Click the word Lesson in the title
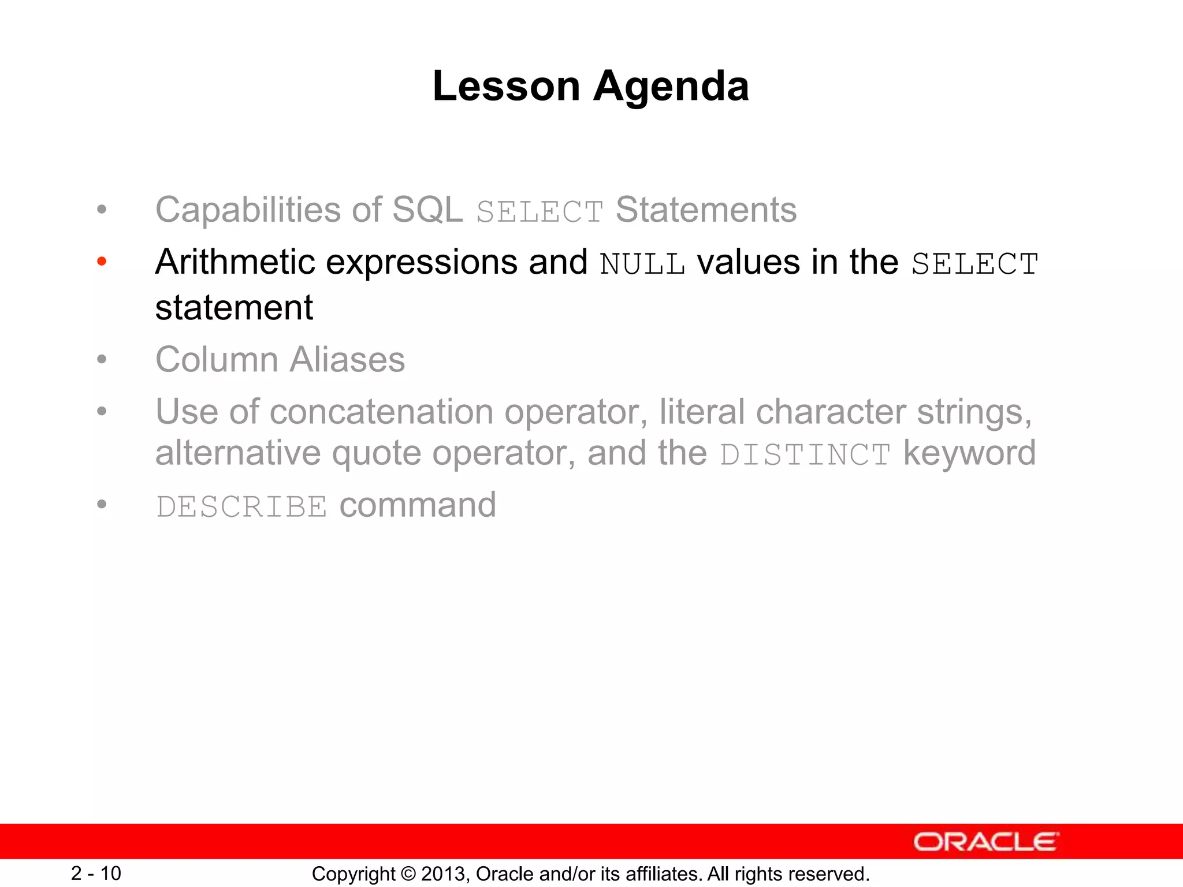[x=506, y=87]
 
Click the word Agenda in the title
[x=671, y=87]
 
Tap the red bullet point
[x=102, y=262]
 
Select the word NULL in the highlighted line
[x=642, y=264]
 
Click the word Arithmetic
[x=235, y=262]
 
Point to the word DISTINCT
[x=805, y=455]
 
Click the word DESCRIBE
[x=241, y=507]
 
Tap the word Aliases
[x=347, y=360]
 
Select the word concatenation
[x=381, y=412]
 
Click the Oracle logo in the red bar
[x=985, y=842]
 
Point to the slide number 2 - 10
[x=96, y=873]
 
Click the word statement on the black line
[x=234, y=308]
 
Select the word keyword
[x=969, y=453]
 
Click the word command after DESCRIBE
[x=418, y=505]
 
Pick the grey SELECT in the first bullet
[x=540, y=212]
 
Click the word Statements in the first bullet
[x=706, y=210]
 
